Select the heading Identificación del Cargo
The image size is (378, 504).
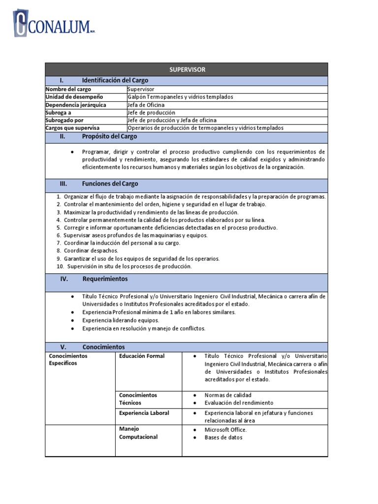[115, 80]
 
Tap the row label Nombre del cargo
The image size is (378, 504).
[68, 89]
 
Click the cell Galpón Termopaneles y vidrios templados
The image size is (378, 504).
[180, 97]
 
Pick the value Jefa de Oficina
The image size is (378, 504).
[146, 105]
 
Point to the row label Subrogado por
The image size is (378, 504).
[64, 120]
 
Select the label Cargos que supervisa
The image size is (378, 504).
[72, 127]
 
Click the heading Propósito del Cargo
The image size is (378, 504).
[110, 136]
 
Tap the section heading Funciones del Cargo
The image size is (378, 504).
[110, 184]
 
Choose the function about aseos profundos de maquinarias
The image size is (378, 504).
[135, 235]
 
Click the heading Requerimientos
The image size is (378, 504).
[105, 279]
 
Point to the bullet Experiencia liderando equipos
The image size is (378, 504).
[121, 320]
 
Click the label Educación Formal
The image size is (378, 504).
[142, 356]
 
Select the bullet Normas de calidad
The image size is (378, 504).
[228, 395]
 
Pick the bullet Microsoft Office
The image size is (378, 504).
[225, 430]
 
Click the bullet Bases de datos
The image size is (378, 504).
[223, 438]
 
